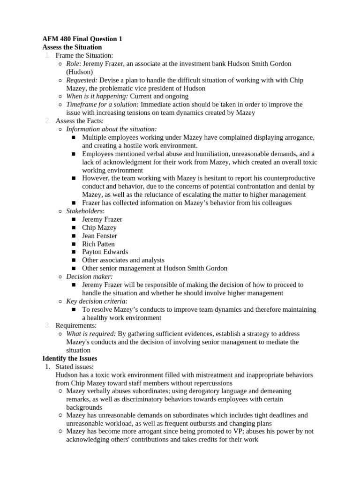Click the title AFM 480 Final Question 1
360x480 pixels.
point(82,39)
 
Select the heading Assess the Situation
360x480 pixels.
point(72,47)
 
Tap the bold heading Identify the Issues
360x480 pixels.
point(70,359)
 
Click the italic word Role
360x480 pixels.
point(73,64)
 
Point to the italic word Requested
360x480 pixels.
point(82,80)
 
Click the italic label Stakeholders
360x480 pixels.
point(85,211)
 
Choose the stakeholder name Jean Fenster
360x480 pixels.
point(99,236)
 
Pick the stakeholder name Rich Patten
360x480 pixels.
point(98,244)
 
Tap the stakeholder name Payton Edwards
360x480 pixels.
point(105,252)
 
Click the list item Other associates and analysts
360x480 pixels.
point(123,260)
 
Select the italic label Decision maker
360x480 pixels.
point(89,277)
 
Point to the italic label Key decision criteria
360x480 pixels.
point(97,301)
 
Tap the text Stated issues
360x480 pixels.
point(75,367)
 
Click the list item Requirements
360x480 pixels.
point(76,325)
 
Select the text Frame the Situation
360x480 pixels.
point(84,56)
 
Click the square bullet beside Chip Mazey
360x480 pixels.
point(74,228)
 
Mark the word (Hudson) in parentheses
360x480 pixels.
point(80,72)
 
